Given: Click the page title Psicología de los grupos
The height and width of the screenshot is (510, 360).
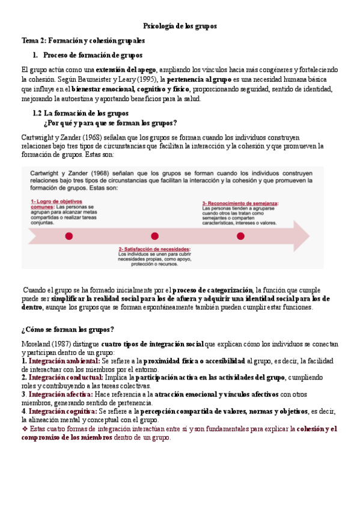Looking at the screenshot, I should [x=180, y=27].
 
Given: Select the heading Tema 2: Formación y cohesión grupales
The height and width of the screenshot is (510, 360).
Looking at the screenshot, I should [x=83, y=41].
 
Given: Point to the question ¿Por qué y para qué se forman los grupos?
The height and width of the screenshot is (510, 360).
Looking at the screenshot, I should [x=111, y=123].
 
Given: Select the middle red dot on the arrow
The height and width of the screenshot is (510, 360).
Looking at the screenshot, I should [x=154, y=236].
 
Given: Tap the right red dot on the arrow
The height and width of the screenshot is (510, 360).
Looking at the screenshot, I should [x=240, y=236].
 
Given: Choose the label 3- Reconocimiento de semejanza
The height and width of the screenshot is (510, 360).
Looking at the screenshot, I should [x=240, y=203].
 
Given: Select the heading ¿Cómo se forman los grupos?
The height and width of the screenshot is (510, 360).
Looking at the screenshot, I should [x=67, y=330].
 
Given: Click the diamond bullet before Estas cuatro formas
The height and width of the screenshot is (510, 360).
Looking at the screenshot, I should [x=25, y=429].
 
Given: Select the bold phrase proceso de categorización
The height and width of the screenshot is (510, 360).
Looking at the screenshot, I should [x=213, y=289].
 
